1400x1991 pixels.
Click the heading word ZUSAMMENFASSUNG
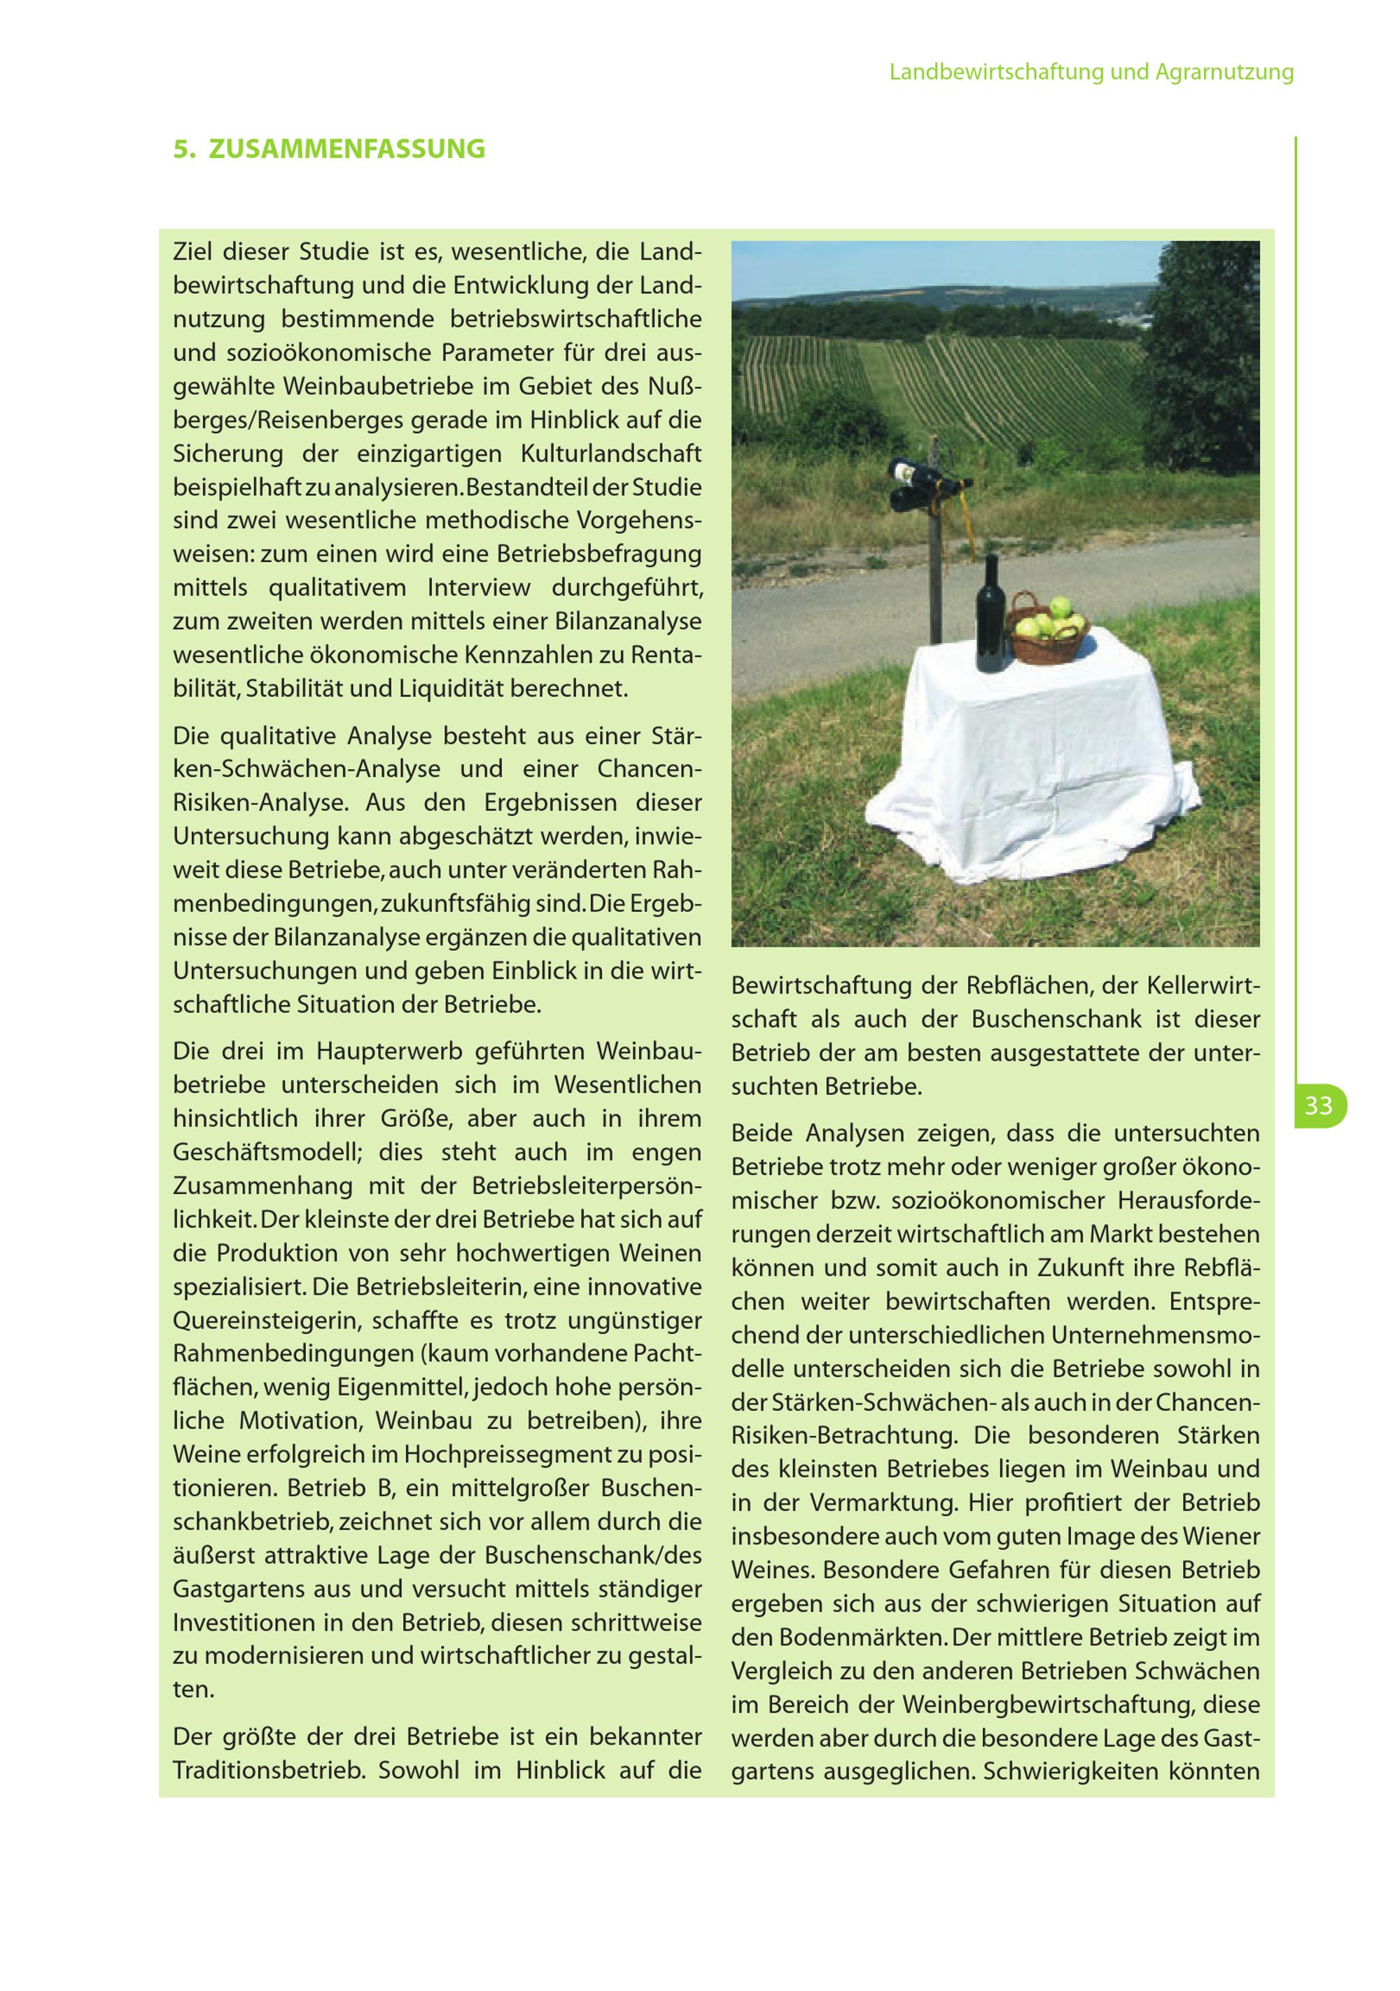[x=347, y=149]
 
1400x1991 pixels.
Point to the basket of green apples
[x=1049, y=628]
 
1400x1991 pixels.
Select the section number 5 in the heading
[x=181, y=149]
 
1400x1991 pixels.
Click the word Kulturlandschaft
[x=610, y=453]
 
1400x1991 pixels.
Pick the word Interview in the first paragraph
[x=478, y=588]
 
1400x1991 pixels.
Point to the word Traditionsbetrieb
[x=269, y=1770]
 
